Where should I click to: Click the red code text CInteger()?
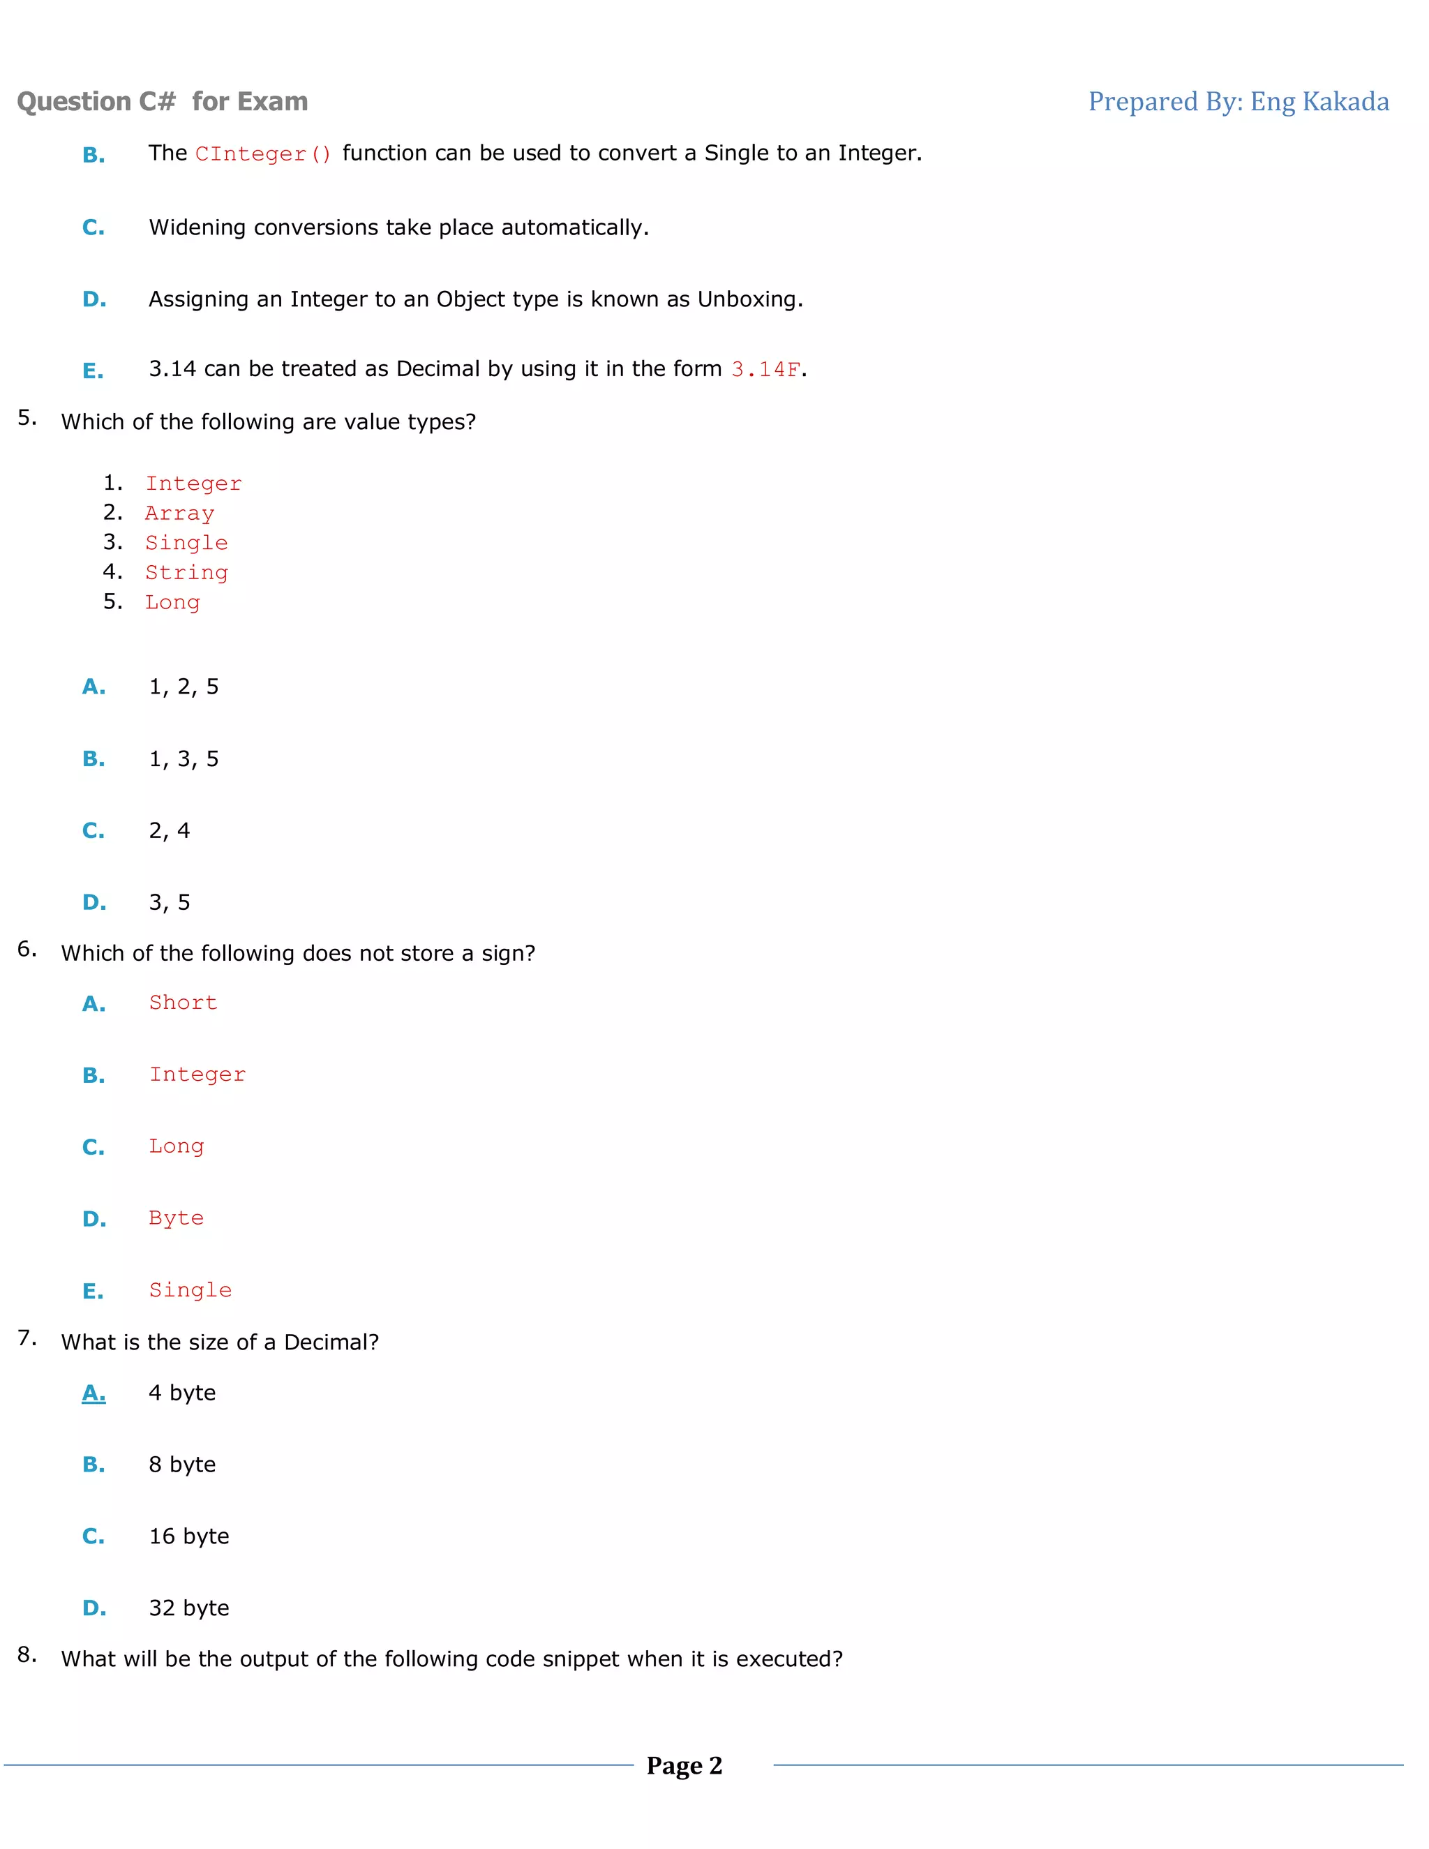263,154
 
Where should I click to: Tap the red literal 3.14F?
766,370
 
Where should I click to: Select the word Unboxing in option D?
749,300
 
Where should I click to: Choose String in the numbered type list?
186,572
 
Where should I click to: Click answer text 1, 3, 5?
184,759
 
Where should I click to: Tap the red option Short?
183,1003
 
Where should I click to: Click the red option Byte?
176,1218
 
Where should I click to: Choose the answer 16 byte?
189,1536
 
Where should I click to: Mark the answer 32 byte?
189,1608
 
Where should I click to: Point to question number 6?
27,949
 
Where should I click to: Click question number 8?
27,1655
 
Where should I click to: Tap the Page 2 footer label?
684,1766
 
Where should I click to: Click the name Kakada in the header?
1345,102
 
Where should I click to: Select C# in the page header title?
158,102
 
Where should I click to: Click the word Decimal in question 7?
331,1342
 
